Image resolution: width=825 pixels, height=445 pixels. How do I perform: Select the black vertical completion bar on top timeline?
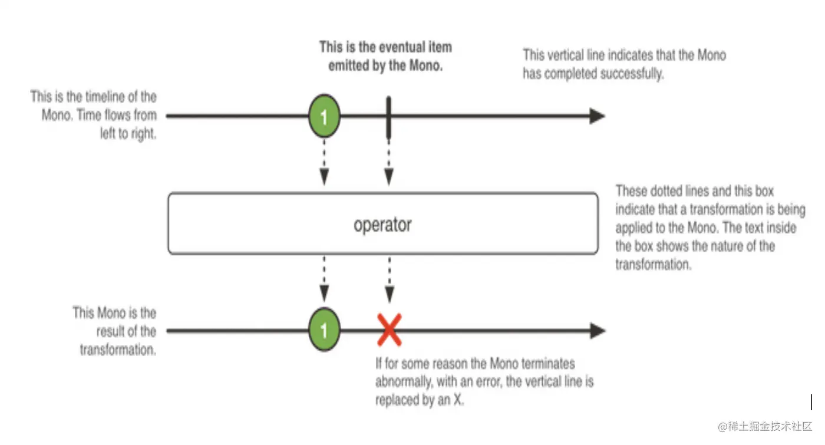388,117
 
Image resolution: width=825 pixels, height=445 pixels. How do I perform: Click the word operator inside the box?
382,225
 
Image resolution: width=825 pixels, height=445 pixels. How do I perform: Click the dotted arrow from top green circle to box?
324,162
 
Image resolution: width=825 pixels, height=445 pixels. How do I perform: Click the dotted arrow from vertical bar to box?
388,162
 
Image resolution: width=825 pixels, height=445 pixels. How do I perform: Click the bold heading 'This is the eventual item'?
385,47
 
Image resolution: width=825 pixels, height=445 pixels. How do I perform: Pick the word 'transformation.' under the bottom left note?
118,350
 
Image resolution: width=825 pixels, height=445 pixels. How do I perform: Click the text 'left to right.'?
128,134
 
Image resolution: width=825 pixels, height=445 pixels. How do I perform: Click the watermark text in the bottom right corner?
765,426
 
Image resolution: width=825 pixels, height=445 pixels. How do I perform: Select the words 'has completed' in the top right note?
560,74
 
